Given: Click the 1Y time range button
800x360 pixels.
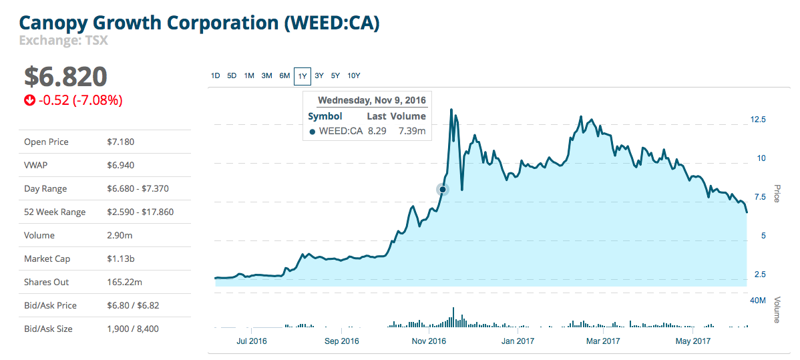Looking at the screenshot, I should point(303,76).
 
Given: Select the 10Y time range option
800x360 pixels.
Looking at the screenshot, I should point(354,75).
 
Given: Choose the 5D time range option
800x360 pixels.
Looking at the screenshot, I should point(232,75).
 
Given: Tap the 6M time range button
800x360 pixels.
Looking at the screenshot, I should point(284,75).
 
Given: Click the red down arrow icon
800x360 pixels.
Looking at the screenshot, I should point(29,101).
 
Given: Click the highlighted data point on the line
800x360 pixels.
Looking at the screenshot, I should point(442,190).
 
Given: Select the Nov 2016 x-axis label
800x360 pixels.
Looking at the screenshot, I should point(429,341).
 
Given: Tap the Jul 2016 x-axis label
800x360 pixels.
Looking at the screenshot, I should point(251,341).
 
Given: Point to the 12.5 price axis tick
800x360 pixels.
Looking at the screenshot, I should point(758,120).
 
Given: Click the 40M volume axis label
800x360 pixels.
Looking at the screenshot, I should point(758,301).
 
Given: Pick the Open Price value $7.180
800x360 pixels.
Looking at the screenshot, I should point(121,142).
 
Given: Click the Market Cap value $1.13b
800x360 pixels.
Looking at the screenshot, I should point(122,258).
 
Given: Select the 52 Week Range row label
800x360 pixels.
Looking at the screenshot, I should point(55,212).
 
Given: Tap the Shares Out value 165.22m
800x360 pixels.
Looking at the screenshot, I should point(126,282).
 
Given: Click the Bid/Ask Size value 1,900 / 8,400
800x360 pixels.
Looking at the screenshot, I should point(133,329).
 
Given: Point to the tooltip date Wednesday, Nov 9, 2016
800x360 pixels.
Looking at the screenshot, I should point(371,101).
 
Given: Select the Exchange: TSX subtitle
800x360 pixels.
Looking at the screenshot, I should point(63,40).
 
